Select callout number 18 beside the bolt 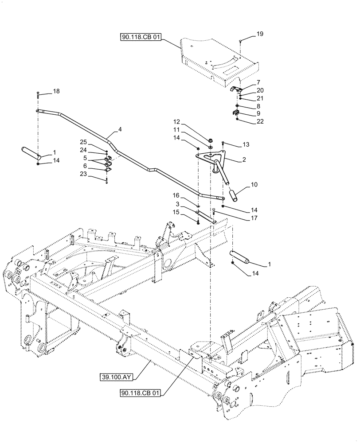click(56, 91)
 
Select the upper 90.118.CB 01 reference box click(140, 38)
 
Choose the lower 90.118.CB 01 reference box click(140, 392)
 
